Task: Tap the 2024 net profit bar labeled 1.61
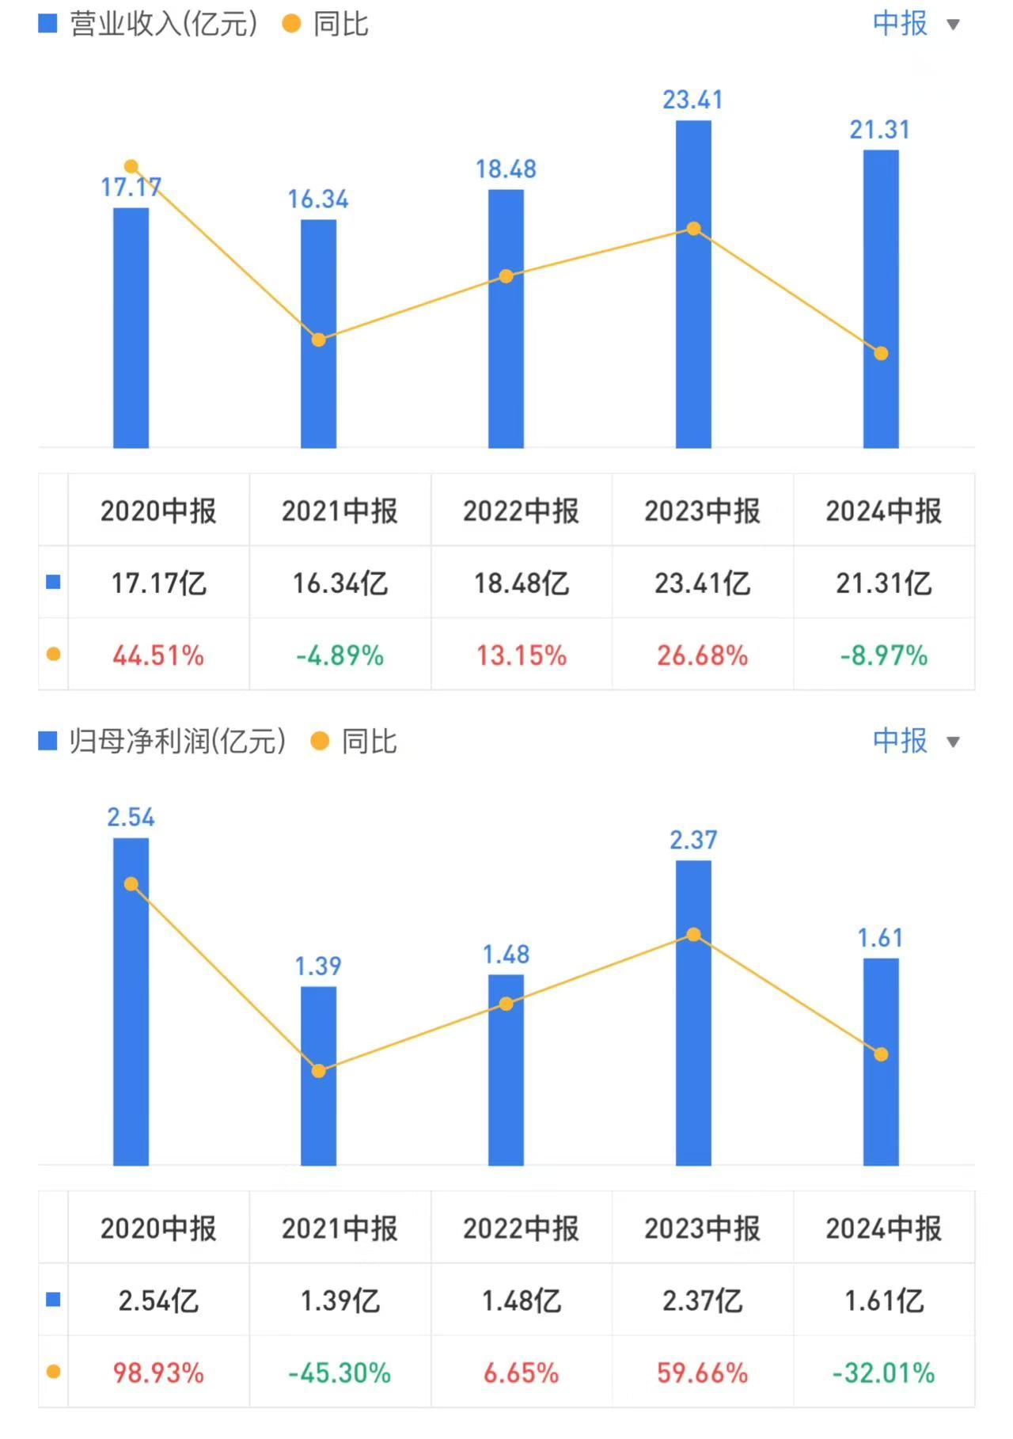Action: coord(881,1108)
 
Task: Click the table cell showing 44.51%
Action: coord(158,655)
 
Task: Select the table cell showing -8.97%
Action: coord(883,655)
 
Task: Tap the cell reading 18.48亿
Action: coord(521,583)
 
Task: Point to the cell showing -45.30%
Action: coord(340,1373)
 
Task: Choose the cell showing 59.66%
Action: coord(702,1373)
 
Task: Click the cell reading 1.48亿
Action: coord(521,1300)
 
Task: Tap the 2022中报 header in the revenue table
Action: coord(521,511)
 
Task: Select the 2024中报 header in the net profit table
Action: coord(883,1228)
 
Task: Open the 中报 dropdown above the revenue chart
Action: coord(916,24)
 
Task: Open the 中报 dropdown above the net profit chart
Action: coord(916,742)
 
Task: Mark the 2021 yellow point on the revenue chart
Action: coord(318,340)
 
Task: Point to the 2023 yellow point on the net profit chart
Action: coord(693,935)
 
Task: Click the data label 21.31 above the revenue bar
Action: coord(879,130)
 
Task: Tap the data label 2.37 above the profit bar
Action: coord(693,840)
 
